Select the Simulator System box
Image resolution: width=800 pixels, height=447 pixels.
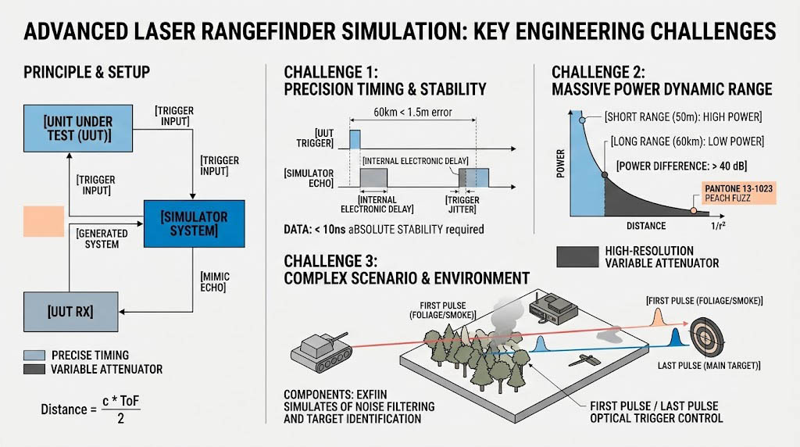[194, 223]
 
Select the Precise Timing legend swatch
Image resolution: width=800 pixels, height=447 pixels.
[34, 355]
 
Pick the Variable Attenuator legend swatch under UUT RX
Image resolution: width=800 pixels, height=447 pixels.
[34, 369]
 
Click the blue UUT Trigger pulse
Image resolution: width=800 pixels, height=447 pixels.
[355, 139]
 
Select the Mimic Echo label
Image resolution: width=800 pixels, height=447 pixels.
[215, 283]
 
